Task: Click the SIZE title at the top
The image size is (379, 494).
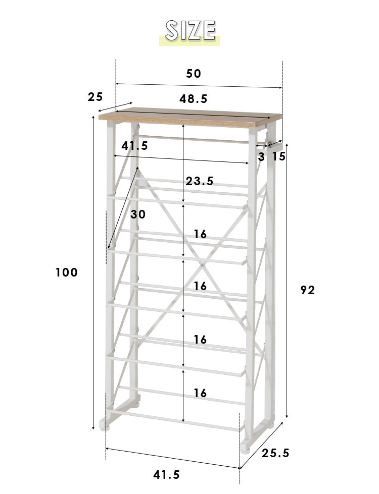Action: [x=191, y=31]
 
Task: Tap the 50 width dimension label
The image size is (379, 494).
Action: [x=194, y=73]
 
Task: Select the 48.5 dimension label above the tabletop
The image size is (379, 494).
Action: [x=193, y=99]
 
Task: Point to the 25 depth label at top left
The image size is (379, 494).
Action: [x=95, y=97]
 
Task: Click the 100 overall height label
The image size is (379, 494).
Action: [x=66, y=272]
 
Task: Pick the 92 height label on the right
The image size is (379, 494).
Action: [x=307, y=290]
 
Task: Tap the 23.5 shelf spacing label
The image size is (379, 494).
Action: [x=200, y=181]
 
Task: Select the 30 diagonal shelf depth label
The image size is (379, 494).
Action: [x=138, y=214]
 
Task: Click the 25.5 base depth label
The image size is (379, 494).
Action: [x=275, y=453]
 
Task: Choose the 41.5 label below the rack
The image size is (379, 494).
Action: [x=166, y=474]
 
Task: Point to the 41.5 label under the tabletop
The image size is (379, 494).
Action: [x=135, y=145]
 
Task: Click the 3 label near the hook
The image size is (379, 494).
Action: [x=261, y=156]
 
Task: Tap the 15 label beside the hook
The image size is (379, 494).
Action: [x=279, y=156]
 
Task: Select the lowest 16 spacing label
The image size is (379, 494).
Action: [x=200, y=393]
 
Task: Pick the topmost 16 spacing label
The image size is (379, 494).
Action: [x=200, y=234]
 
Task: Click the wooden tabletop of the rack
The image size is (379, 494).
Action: [x=190, y=117]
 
